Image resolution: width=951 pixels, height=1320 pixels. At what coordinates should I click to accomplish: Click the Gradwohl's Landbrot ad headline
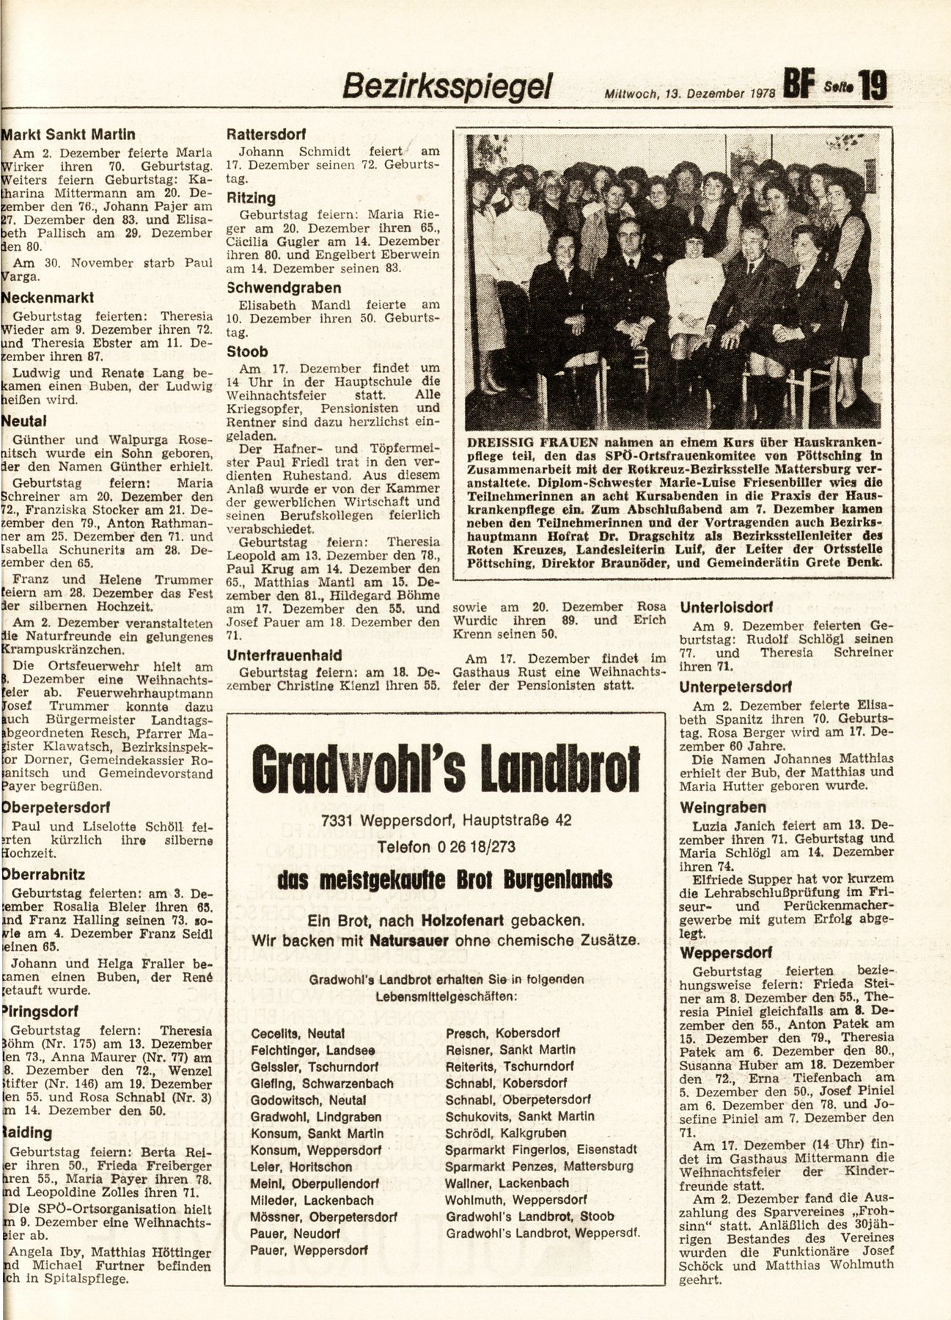coord(445,767)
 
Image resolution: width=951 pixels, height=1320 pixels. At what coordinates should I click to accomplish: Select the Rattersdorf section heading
coord(266,135)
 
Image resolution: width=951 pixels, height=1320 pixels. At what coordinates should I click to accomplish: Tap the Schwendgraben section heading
coord(284,287)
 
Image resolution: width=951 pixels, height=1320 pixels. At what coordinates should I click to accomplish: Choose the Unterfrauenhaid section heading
coord(284,655)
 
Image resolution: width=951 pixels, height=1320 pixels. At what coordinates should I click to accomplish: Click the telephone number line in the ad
coord(446,847)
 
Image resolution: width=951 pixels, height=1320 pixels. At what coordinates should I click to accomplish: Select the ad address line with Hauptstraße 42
coord(446,821)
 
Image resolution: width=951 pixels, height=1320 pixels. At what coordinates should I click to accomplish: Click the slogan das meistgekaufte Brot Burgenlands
coord(445,879)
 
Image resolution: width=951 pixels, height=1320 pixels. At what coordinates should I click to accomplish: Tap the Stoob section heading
coord(248,351)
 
